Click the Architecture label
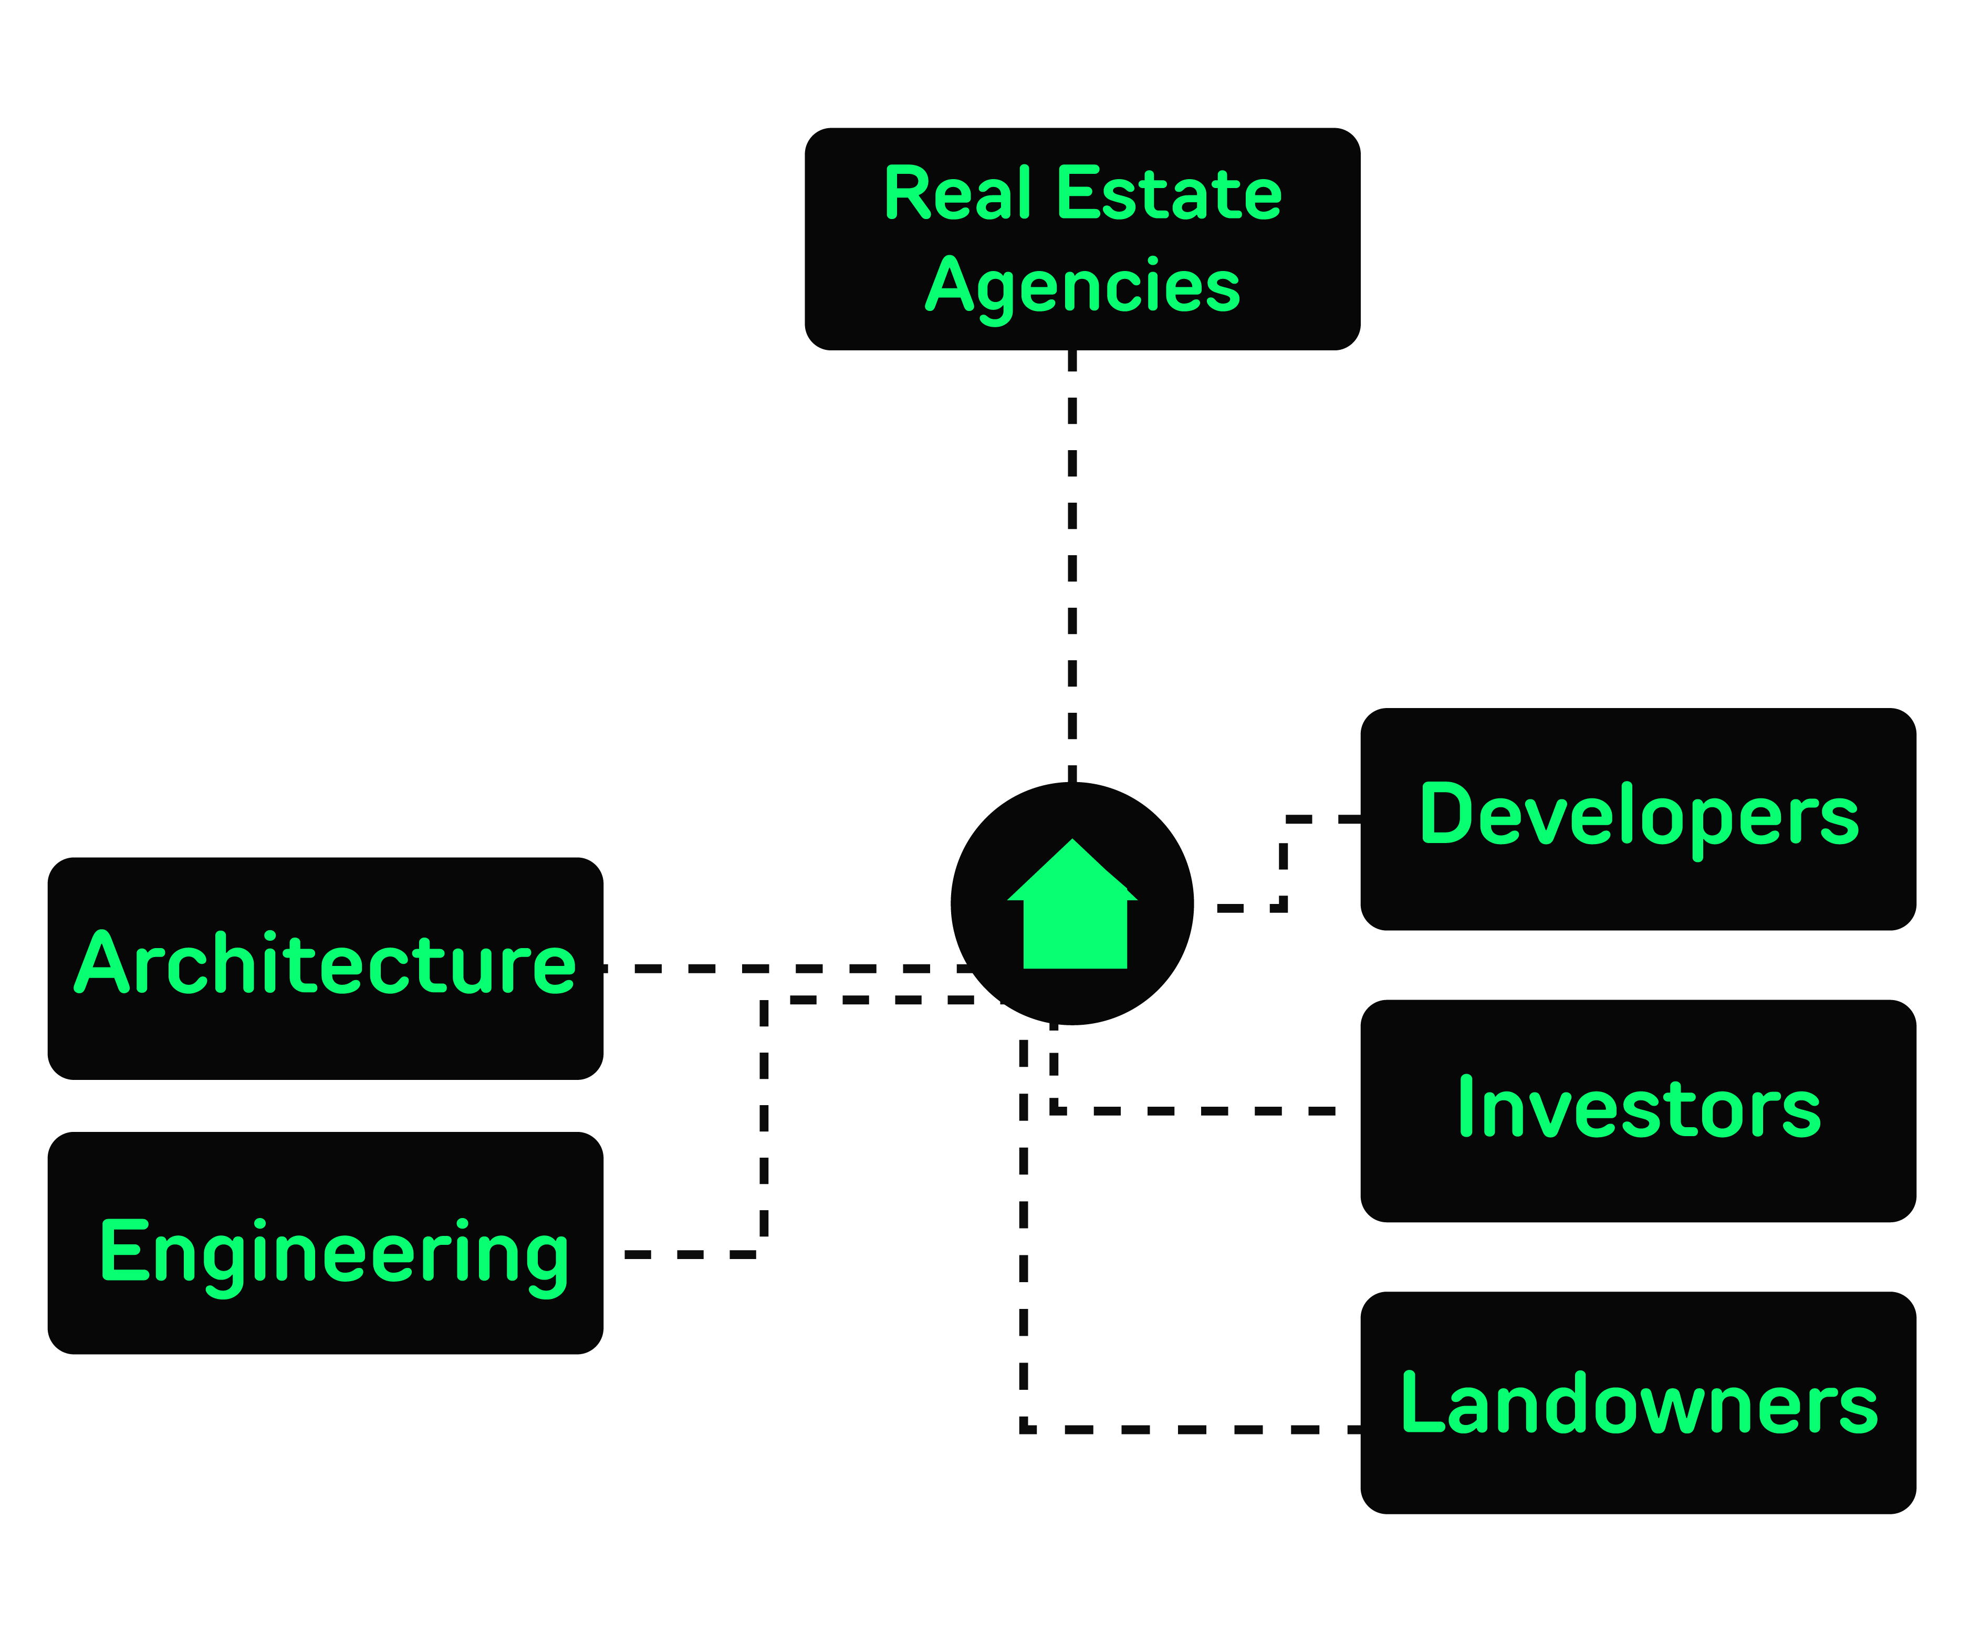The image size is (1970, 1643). click(325, 964)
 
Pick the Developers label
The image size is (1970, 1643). click(1639, 815)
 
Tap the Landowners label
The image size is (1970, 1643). click(1639, 1403)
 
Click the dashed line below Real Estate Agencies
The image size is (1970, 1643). click(1072, 563)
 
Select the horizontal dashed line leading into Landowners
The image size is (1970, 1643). click(1191, 1429)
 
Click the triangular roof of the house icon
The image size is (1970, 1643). click(1072, 871)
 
